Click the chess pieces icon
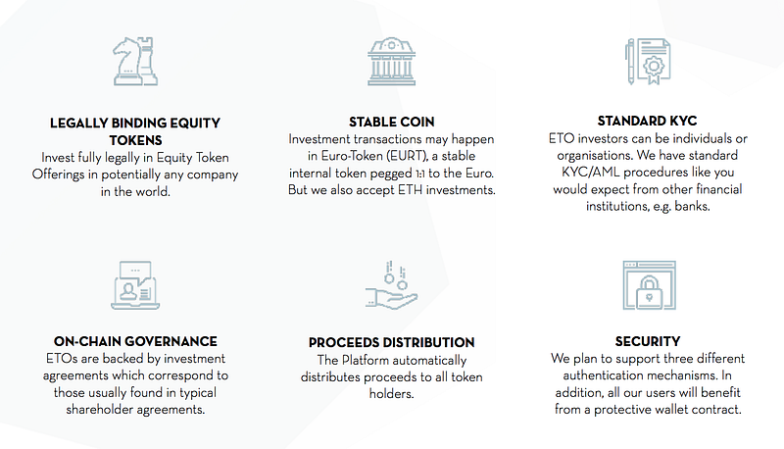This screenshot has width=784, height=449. click(x=135, y=61)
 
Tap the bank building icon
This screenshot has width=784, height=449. click(x=391, y=61)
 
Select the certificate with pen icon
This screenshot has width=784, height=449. click(x=648, y=62)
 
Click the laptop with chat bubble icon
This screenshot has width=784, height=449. click(x=135, y=285)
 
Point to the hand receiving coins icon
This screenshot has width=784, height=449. click(x=391, y=285)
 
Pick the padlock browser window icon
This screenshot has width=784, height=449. click(x=649, y=285)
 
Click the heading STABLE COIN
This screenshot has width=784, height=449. click(x=391, y=122)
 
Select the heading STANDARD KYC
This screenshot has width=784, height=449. click(x=647, y=121)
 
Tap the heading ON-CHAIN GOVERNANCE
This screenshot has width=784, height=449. click(x=135, y=341)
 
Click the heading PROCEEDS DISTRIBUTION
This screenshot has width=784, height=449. click(x=391, y=342)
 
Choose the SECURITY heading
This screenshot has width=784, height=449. click(x=648, y=341)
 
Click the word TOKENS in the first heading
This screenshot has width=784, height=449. click(x=135, y=140)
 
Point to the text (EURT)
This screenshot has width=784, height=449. click(x=402, y=156)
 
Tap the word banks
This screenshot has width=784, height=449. click(x=692, y=206)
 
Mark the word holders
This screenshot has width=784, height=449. click(x=391, y=394)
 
